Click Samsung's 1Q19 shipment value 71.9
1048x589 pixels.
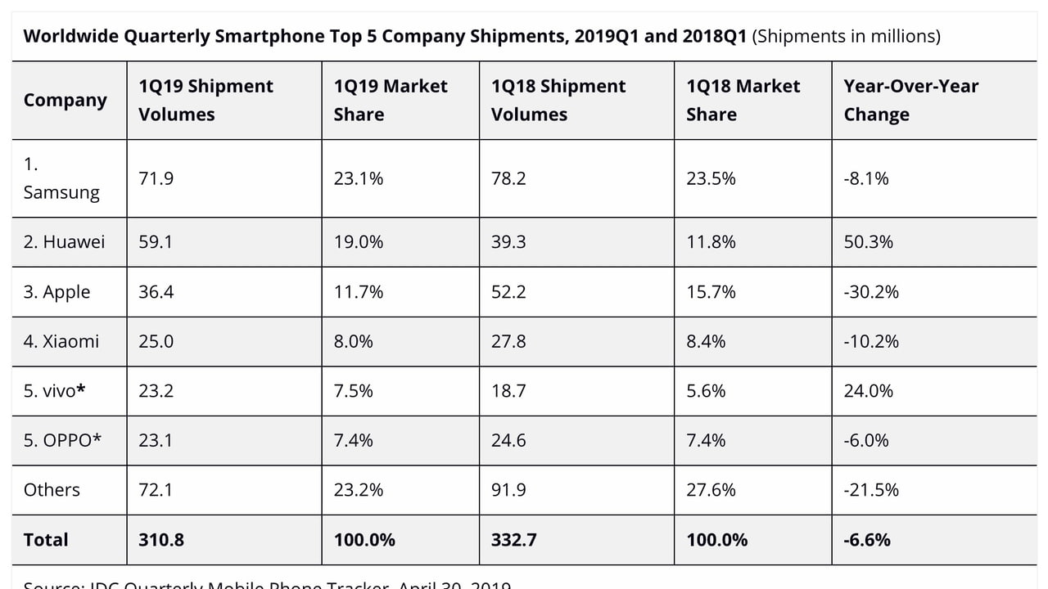coord(156,178)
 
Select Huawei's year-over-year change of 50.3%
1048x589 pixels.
coord(868,242)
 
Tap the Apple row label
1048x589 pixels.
coord(56,292)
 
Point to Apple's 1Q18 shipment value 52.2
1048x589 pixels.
coord(508,292)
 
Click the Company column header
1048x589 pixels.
coord(65,100)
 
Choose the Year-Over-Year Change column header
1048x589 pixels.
coord(910,100)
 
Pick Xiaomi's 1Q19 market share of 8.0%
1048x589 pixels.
coord(353,341)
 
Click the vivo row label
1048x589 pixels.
coord(54,391)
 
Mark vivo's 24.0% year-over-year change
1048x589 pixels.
coord(868,391)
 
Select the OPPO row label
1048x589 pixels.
coord(62,440)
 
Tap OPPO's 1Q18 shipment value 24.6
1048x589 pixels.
coord(508,440)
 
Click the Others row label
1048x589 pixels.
coord(52,490)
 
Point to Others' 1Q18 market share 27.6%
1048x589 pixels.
coord(711,490)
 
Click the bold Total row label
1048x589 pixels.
coord(46,540)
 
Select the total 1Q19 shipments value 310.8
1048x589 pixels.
coord(161,540)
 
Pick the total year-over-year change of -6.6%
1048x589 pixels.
coord(867,540)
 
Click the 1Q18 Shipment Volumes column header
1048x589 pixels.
coord(558,100)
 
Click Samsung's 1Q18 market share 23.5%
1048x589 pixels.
coord(711,178)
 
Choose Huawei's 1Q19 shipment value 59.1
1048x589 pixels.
coord(156,242)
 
